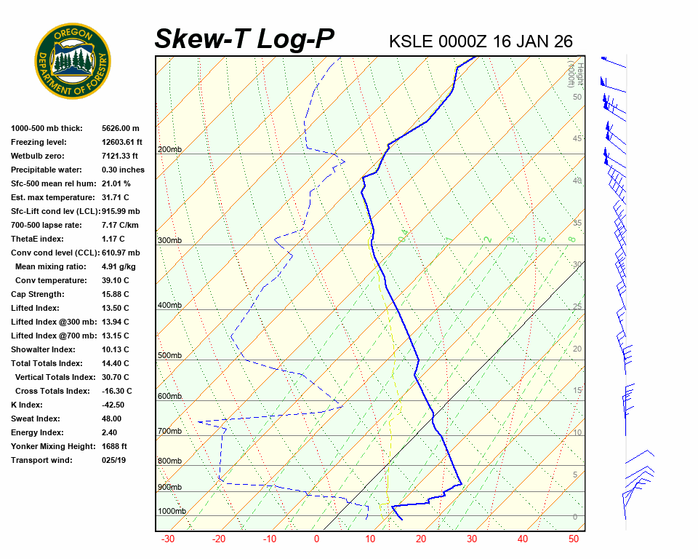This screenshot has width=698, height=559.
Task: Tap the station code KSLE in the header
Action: (x=412, y=41)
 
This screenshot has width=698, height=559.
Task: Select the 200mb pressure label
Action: (x=169, y=149)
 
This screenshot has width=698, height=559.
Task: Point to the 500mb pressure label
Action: (x=169, y=355)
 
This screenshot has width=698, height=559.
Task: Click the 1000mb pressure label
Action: (x=172, y=511)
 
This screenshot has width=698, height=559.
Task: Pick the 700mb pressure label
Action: (x=169, y=431)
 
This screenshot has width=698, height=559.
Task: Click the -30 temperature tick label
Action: (x=168, y=539)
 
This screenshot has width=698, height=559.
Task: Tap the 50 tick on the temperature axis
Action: (x=573, y=539)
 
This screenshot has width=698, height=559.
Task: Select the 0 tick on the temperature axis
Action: (x=316, y=539)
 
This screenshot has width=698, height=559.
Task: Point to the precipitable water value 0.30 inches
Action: (x=123, y=170)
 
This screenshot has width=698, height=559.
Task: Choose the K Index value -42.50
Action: (x=113, y=405)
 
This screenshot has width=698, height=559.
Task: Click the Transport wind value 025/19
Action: (x=114, y=460)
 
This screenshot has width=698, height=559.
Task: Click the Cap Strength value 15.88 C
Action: (x=115, y=294)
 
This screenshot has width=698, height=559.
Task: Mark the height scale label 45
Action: (x=577, y=138)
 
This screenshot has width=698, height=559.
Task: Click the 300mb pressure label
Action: (x=169, y=240)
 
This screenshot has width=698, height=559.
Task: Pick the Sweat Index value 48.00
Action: (x=111, y=419)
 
